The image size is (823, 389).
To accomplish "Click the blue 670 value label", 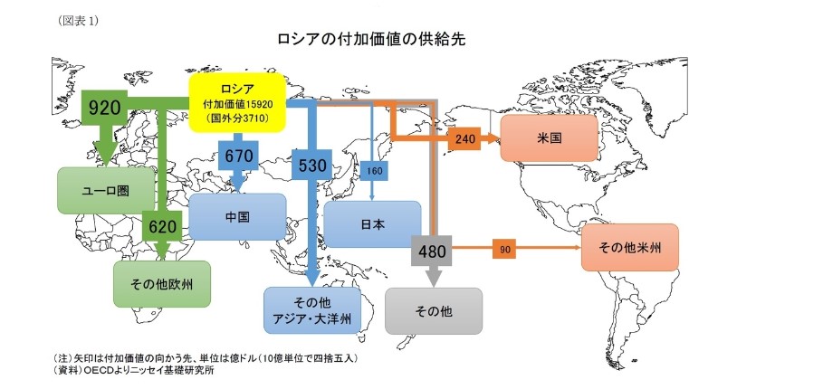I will (x=239, y=156).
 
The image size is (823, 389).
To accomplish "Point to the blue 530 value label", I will (x=311, y=166).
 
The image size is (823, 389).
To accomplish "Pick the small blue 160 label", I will (x=373, y=170).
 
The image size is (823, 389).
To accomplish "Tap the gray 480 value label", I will (x=432, y=251).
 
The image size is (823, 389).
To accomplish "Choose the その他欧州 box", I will (x=162, y=284).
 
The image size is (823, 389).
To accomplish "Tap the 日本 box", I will (x=372, y=223).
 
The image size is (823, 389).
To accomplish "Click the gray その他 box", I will (x=433, y=311).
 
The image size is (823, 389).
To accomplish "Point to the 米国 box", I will (x=548, y=138).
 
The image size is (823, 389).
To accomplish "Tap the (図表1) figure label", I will (x=79, y=18).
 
